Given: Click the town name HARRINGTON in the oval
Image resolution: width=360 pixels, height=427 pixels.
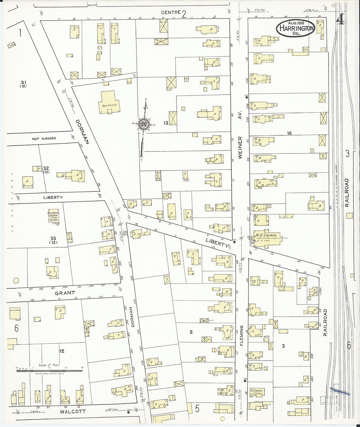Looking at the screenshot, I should (297, 28).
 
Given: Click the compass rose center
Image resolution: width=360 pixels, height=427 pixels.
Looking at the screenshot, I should (144, 124).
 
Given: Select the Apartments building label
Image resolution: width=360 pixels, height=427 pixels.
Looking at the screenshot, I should (109, 105).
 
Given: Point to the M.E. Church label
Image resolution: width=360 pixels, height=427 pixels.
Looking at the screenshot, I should (266, 235).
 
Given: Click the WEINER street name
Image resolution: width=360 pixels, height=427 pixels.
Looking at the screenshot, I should (240, 148).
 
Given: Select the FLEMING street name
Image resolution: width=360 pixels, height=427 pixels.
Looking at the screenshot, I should (242, 335).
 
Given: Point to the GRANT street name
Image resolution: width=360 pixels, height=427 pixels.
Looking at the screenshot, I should (64, 293).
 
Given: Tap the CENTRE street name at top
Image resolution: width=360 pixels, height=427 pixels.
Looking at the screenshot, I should (171, 12).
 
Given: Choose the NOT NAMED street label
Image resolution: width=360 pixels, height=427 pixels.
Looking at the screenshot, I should (44, 139).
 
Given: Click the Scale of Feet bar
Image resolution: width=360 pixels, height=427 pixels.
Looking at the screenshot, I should (49, 370).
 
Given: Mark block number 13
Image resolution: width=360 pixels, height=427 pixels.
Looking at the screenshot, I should (166, 123).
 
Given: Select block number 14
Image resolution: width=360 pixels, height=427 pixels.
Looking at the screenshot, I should (289, 133).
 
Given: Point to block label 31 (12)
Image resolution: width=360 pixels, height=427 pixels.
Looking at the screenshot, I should (23, 84).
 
